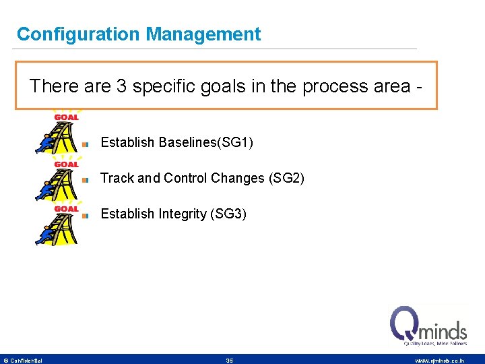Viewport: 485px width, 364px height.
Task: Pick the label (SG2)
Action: (286, 178)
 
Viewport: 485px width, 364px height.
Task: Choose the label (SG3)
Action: (228, 214)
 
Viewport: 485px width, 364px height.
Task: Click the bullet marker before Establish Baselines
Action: (86, 144)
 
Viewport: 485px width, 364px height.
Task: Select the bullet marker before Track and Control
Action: (86, 179)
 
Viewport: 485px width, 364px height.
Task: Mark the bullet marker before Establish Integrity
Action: (86, 216)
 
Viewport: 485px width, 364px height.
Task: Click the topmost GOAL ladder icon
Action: (58, 132)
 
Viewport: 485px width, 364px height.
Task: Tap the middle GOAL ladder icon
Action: (58, 179)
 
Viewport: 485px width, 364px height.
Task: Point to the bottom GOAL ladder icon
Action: (58, 224)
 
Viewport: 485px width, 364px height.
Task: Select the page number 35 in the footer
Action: (230, 361)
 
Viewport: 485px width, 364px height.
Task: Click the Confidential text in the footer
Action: (26, 361)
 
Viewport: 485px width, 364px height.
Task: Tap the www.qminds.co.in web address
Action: (439, 361)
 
